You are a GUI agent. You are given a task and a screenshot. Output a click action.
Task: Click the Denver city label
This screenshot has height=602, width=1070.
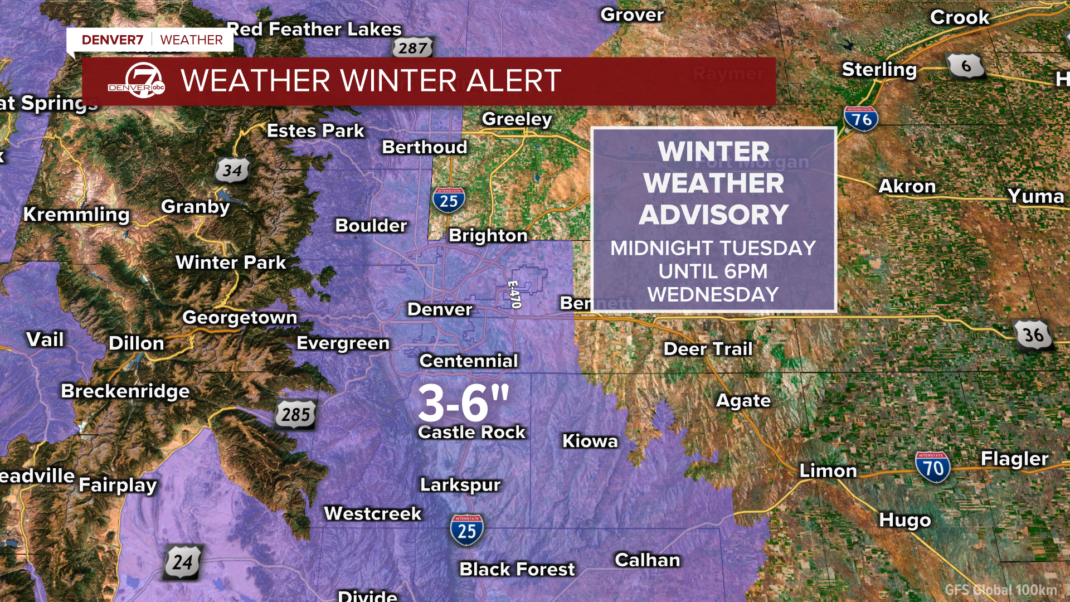(x=440, y=309)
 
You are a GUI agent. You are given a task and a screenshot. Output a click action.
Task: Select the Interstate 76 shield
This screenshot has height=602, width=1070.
(x=861, y=119)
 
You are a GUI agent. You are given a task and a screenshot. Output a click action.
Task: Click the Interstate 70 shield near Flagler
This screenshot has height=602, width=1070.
(x=932, y=467)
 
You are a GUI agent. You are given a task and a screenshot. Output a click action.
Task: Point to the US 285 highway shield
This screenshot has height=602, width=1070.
(x=295, y=414)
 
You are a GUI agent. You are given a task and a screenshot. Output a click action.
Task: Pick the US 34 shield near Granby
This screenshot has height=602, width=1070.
(x=232, y=171)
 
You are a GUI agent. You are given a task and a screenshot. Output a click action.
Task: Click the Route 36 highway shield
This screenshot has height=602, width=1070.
(x=1033, y=334)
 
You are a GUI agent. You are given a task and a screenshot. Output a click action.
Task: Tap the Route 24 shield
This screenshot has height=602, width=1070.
(x=182, y=562)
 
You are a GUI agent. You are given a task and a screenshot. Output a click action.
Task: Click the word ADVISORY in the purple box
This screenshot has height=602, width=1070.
(x=713, y=215)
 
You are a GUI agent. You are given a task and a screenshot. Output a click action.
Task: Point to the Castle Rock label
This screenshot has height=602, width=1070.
(x=471, y=432)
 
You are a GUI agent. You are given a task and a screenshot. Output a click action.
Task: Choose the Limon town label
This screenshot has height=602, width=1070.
(x=828, y=470)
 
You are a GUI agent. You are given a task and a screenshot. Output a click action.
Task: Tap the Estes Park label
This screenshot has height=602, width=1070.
(x=315, y=130)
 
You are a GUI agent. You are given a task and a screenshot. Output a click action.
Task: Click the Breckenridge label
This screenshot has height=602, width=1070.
(x=125, y=391)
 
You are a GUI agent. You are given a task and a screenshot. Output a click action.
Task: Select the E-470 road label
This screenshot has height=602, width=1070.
(x=514, y=294)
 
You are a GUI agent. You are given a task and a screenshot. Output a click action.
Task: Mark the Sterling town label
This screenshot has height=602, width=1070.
(x=879, y=70)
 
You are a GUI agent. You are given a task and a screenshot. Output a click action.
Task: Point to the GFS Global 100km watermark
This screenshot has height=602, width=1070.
(x=1000, y=590)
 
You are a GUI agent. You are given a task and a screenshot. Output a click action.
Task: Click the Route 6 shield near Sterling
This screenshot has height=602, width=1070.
(x=966, y=66)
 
